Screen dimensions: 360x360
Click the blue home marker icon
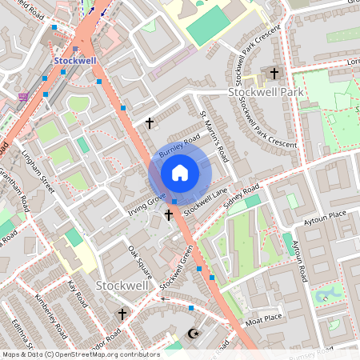point(180,173)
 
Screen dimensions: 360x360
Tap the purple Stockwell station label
point(75,60)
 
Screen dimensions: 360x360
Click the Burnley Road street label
point(178,147)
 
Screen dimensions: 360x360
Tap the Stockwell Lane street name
point(206,202)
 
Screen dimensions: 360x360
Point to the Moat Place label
point(264,318)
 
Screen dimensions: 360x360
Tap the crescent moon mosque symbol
point(191,334)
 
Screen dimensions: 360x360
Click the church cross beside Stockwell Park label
point(274,74)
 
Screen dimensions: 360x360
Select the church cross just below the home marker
point(169,214)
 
